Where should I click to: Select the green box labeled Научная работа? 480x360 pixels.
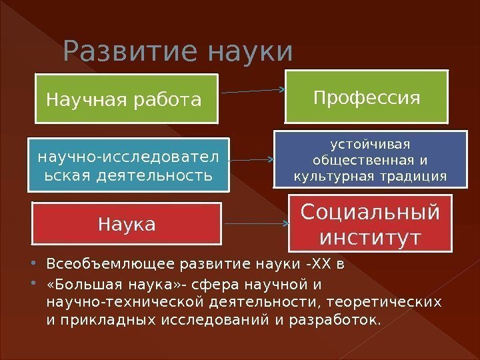[127, 99]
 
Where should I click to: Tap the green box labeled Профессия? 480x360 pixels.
[367, 99]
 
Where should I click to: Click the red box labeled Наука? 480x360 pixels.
[127, 224]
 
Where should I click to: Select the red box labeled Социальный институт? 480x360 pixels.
[370, 223]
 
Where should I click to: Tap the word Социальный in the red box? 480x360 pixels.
[370, 211]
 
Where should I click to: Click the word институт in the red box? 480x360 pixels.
[370, 237]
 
